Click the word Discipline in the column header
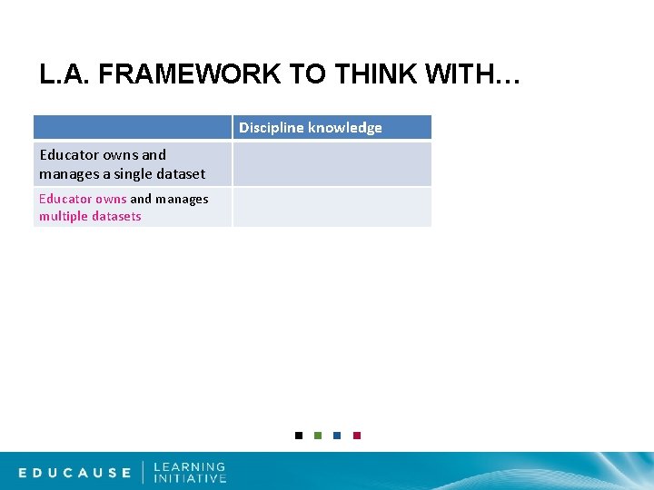[x=271, y=128]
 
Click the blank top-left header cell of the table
[x=133, y=128]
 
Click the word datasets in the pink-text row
[x=117, y=217]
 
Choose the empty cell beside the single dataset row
[x=332, y=164]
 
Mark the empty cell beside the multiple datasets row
[x=332, y=207]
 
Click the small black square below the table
[x=299, y=436]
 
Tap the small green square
[x=318, y=436]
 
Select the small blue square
[x=337, y=436]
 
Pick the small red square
[x=357, y=436]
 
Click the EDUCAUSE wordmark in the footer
[x=75, y=473]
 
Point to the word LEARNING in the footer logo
[x=189, y=466]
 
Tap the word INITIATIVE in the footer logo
[x=190, y=478]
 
